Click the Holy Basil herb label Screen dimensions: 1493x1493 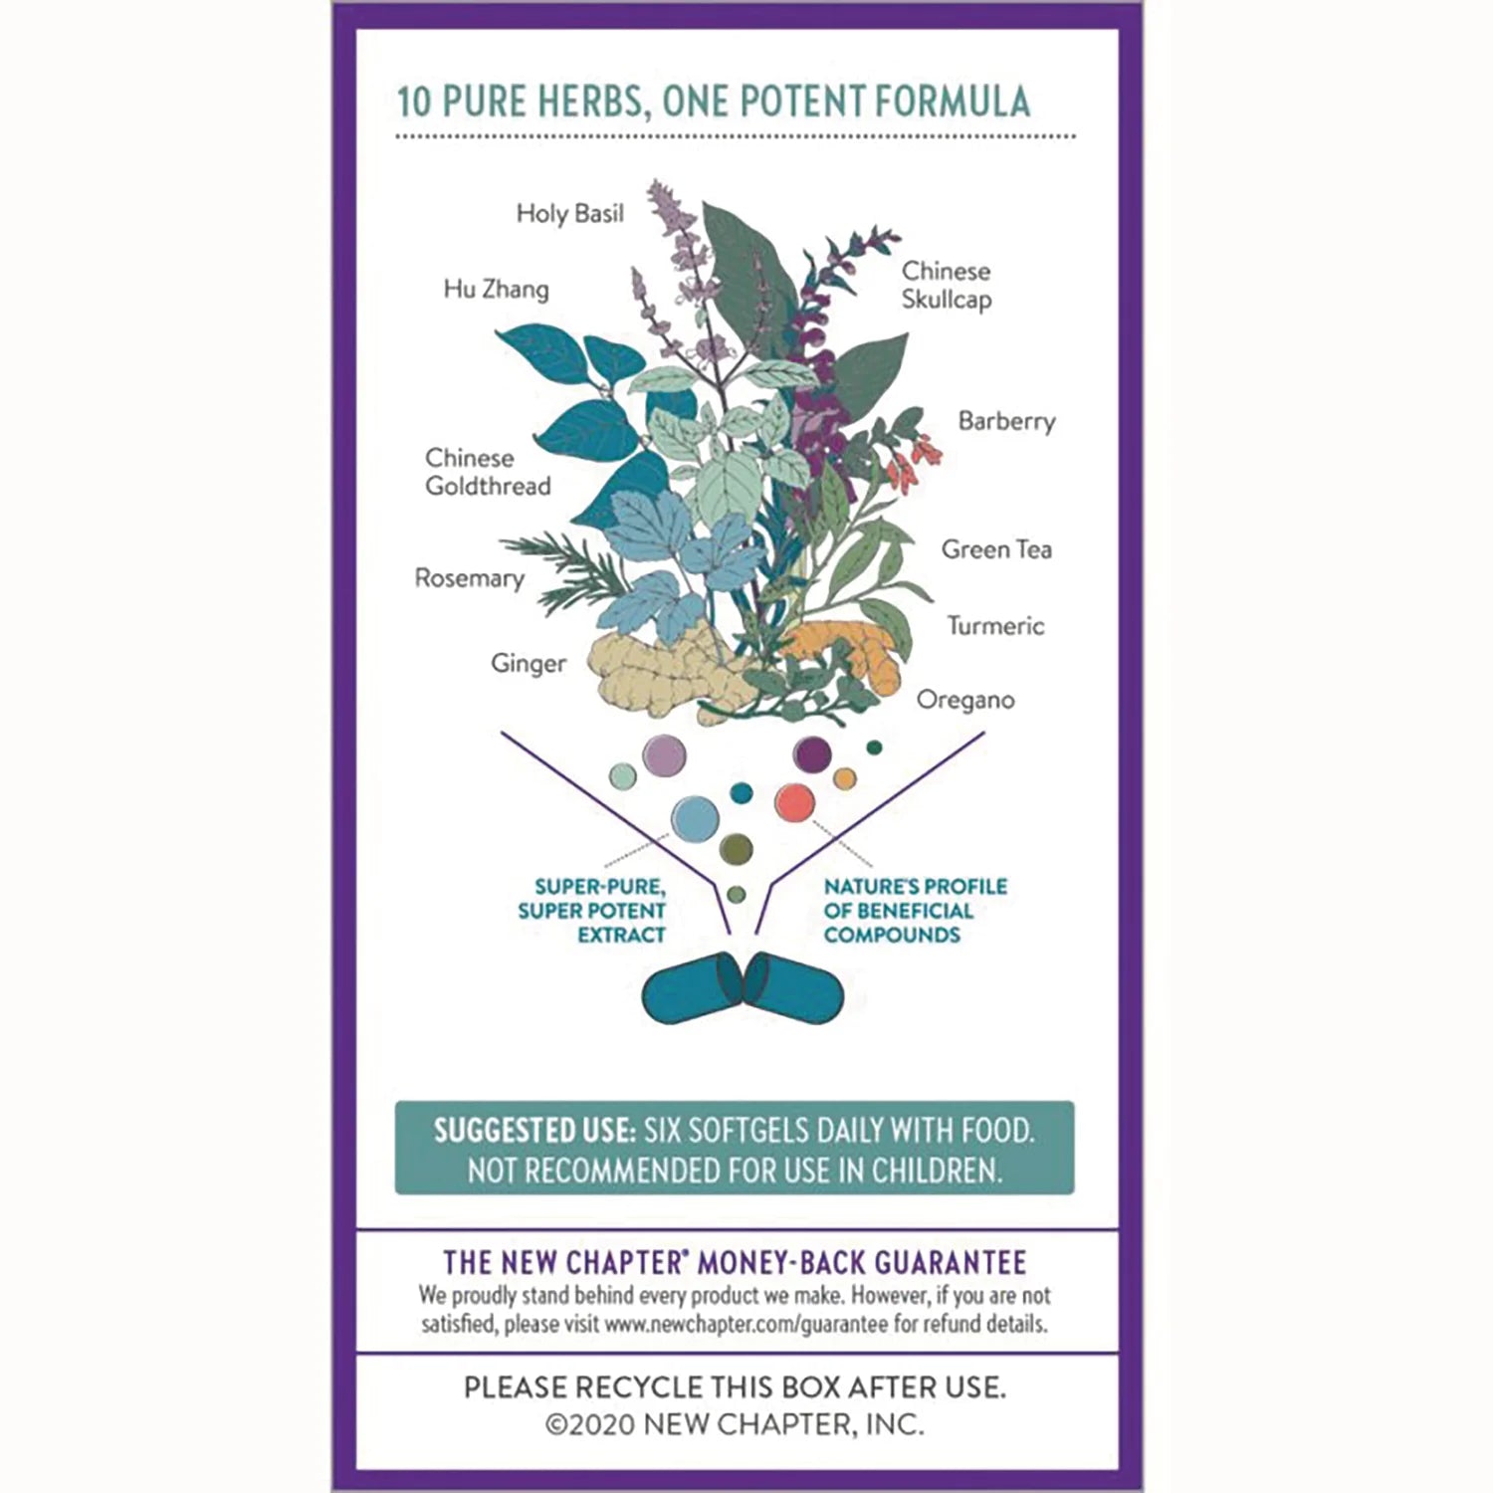569,213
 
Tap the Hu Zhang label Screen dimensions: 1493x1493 496,289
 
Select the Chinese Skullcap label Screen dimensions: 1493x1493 947,285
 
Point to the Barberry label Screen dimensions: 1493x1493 1006,421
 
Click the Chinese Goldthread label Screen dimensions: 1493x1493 488,472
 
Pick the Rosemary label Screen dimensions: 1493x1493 469,578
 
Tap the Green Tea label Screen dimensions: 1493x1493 996,549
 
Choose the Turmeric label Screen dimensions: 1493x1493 995,625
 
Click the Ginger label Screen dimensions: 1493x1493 528,664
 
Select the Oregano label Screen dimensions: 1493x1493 965,700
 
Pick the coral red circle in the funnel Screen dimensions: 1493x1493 794,803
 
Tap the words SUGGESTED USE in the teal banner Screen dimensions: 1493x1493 533,1131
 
